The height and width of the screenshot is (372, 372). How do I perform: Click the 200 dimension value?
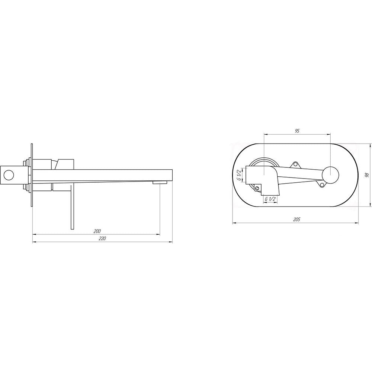click(x=97, y=231)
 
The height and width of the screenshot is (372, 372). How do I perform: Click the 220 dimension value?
click(x=102, y=239)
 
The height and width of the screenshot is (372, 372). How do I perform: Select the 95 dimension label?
click(x=297, y=131)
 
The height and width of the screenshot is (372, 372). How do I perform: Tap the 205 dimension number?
click(x=296, y=219)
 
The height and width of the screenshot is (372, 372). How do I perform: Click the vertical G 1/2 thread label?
click(x=239, y=175)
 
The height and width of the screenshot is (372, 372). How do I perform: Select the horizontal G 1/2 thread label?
click(x=270, y=199)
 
